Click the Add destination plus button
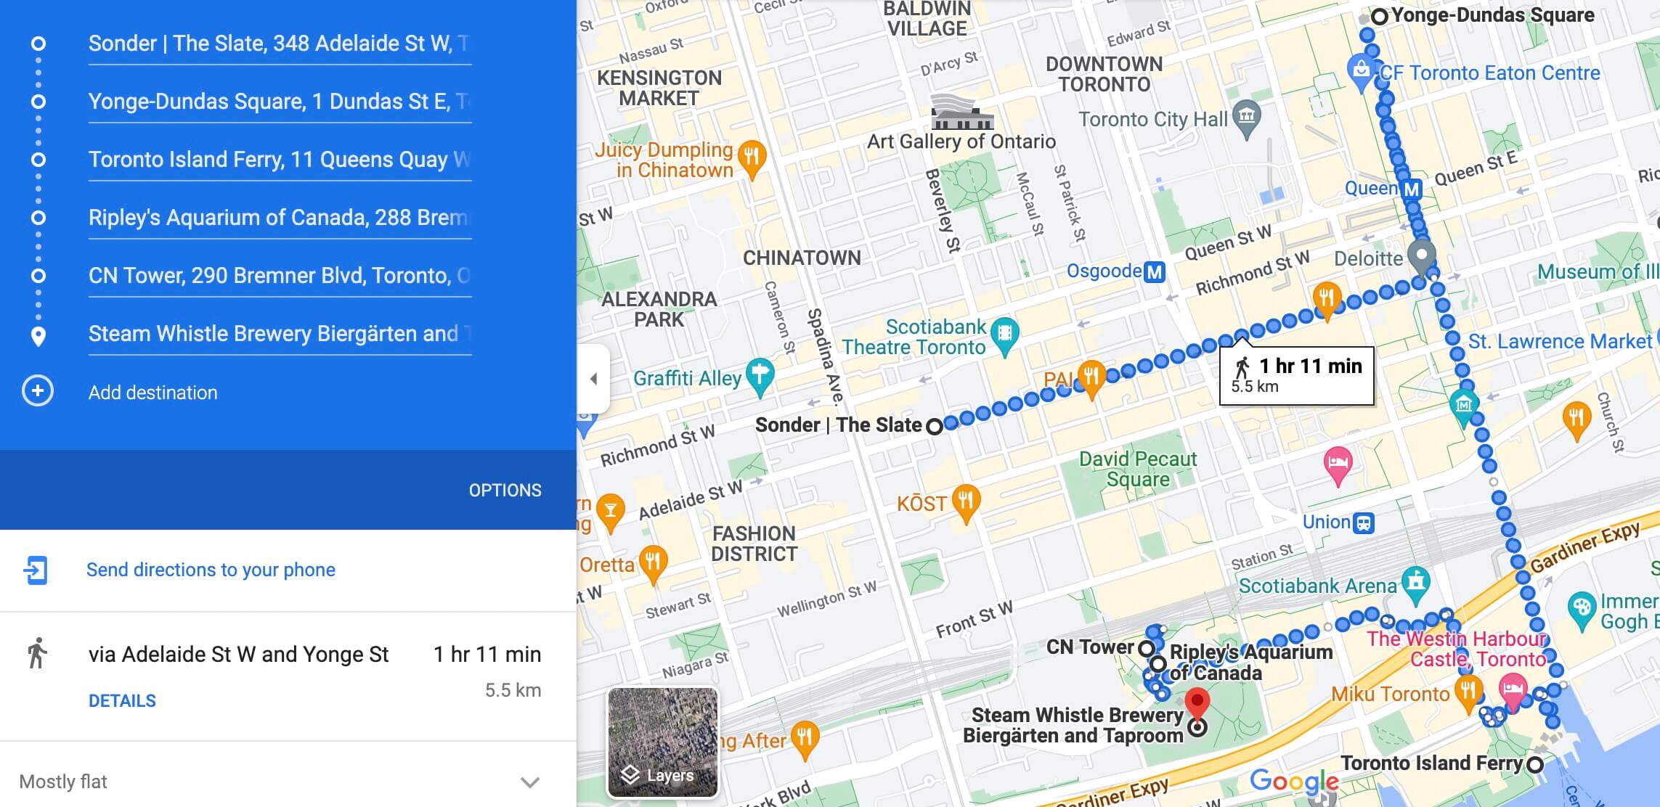click(38, 392)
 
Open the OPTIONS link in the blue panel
click(505, 491)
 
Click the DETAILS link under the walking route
click(122, 701)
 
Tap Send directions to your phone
click(211, 570)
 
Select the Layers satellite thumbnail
click(662, 742)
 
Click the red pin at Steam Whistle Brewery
click(1197, 702)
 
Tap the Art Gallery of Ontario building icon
click(961, 112)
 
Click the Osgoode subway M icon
click(1154, 272)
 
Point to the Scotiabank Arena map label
click(1317, 586)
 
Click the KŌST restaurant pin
click(966, 501)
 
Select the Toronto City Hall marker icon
click(1247, 117)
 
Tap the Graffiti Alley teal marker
click(760, 375)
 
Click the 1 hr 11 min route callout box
click(1296, 374)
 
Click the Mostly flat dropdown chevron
click(530, 782)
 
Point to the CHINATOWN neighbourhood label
click(802, 258)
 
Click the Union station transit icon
click(1364, 523)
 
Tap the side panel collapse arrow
click(594, 379)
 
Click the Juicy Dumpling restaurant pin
click(752, 157)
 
